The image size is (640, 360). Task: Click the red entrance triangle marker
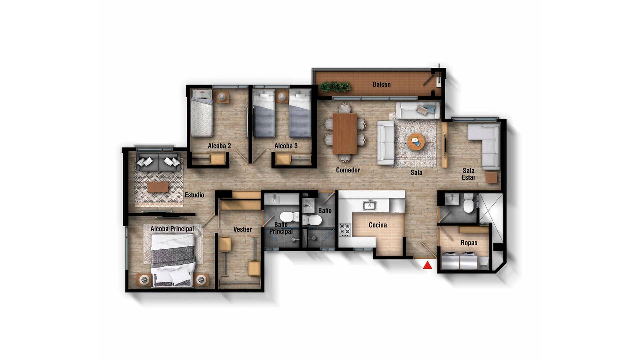tap(428, 265)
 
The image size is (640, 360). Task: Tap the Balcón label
tap(381, 84)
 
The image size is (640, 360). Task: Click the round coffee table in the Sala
tap(416, 142)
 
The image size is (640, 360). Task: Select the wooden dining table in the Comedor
tap(345, 133)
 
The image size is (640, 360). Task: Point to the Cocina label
tap(378, 225)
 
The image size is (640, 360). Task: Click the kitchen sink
tap(369, 205)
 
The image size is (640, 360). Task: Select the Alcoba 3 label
tap(286, 146)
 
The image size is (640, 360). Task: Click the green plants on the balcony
tap(335, 87)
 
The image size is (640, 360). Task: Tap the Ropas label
tap(469, 243)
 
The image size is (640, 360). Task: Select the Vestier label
tap(242, 229)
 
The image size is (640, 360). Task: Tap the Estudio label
tap(194, 195)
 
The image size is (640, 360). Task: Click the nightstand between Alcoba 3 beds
tap(282, 97)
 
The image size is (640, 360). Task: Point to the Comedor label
tap(348, 170)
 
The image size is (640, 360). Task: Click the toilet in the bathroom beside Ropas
tap(468, 205)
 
